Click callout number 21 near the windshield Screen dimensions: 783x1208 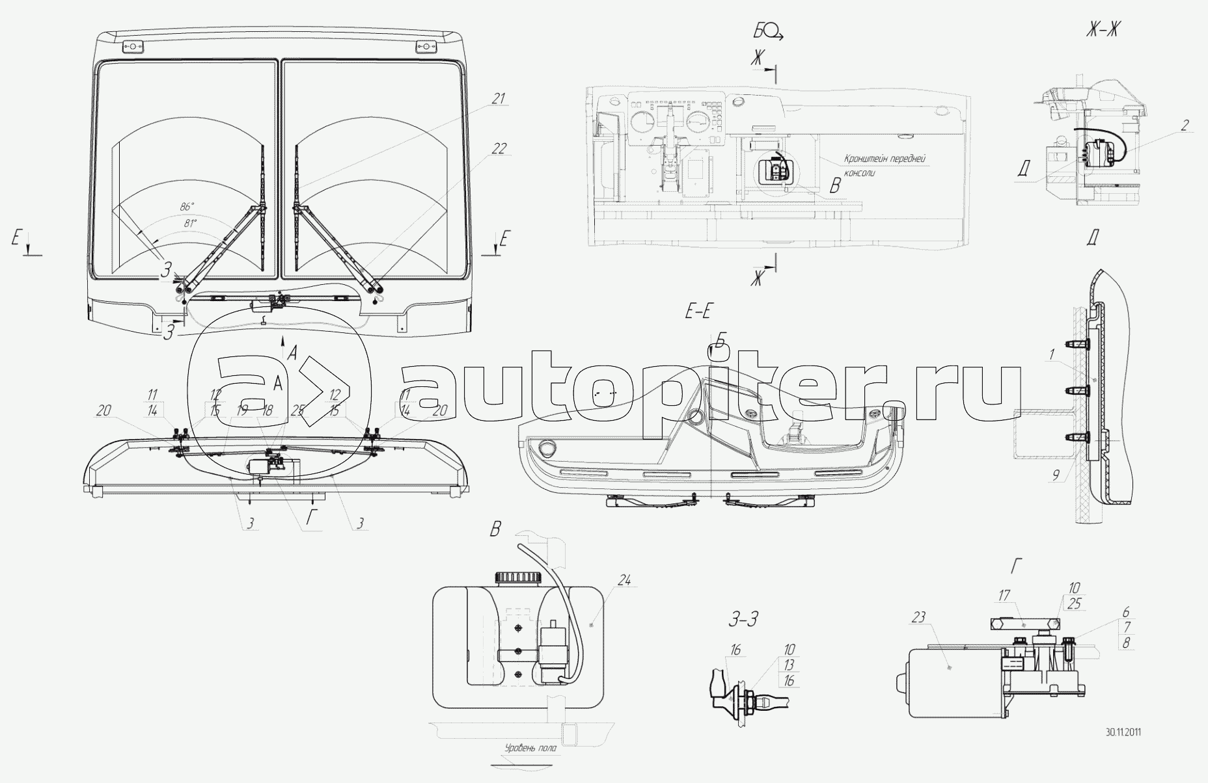(499, 99)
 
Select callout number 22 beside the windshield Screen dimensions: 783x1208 (499, 149)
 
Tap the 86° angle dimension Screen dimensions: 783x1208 (187, 207)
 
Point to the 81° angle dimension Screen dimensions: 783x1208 (189, 222)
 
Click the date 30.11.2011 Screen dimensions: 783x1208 (1123, 732)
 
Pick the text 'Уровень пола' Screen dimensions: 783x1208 (530, 748)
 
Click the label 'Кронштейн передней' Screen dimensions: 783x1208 (885, 159)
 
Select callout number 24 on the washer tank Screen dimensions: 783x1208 (624, 581)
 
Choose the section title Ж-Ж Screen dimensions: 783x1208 (1101, 29)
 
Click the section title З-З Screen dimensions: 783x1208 (743, 618)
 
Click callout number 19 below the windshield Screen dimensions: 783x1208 (242, 410)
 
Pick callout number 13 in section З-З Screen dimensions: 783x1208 (789, 665)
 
